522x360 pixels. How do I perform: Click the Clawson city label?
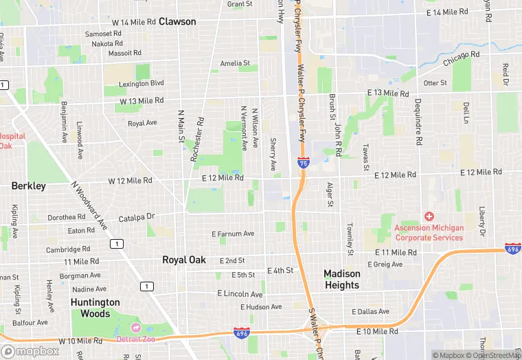177,21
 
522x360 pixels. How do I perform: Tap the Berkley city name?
29,185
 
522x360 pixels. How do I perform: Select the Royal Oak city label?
183,260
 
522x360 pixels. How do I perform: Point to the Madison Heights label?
342,279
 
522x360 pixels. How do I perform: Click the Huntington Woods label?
95,308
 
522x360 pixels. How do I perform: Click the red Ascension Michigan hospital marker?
429,216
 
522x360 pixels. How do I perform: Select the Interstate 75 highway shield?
304,163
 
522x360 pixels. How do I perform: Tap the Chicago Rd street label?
461,58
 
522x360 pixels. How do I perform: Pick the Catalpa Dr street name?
137,217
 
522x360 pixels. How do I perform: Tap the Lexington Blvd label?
141,83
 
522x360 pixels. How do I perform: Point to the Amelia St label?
235,63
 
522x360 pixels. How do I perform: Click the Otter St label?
435,83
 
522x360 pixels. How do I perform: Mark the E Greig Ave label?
385,264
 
